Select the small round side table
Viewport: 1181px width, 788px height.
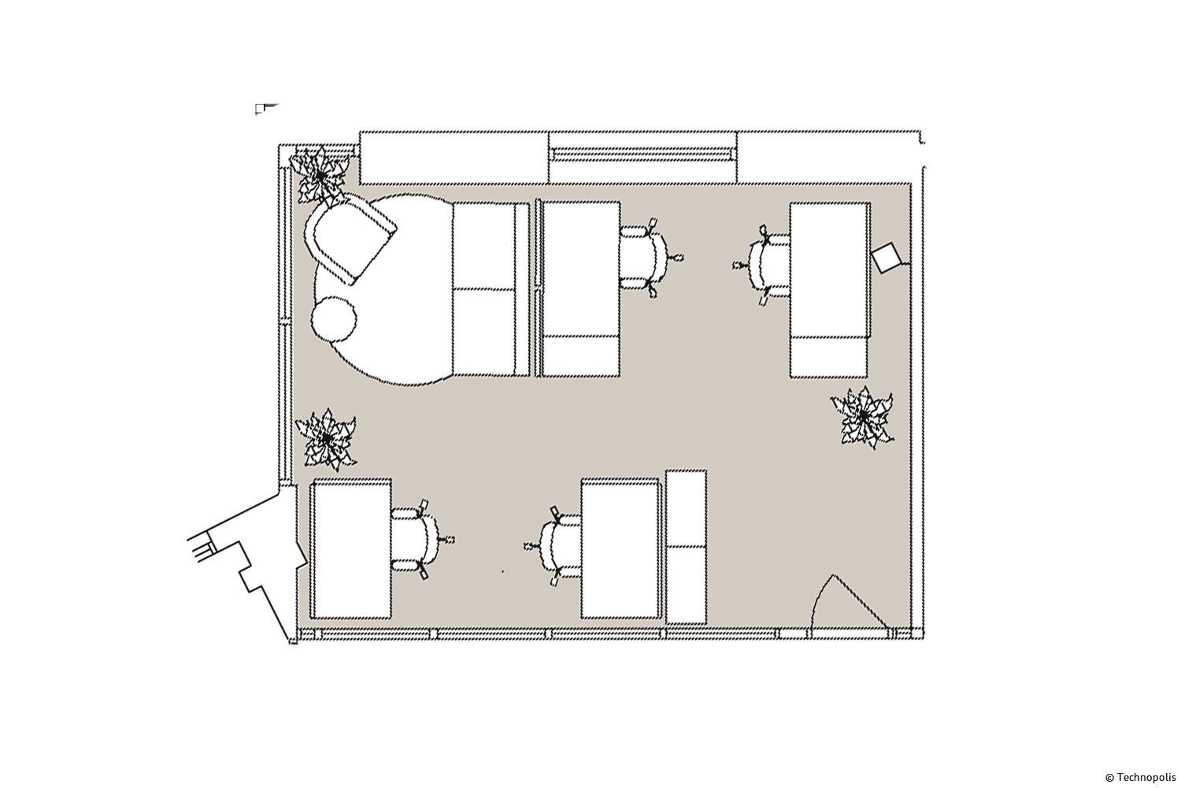[x=334, y=320]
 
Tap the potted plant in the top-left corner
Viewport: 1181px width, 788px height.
[x=320, y=175]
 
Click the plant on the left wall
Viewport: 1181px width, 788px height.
[x=327, y=439]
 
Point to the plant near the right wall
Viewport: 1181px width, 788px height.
[x=863, y=417]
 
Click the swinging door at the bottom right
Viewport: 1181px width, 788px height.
[x=843, y=606]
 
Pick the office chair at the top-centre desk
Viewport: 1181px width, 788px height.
[x=649, y=258]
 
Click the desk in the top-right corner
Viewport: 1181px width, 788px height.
[x=829, y=290]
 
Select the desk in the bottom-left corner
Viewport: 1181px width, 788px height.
[x=351, y=548]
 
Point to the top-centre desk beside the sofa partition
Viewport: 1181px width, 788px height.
[x=580, y=288]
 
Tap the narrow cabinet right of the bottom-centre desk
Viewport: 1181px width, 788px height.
[x=686, y=547]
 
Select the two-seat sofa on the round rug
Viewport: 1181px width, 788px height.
[x=491, y=289]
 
